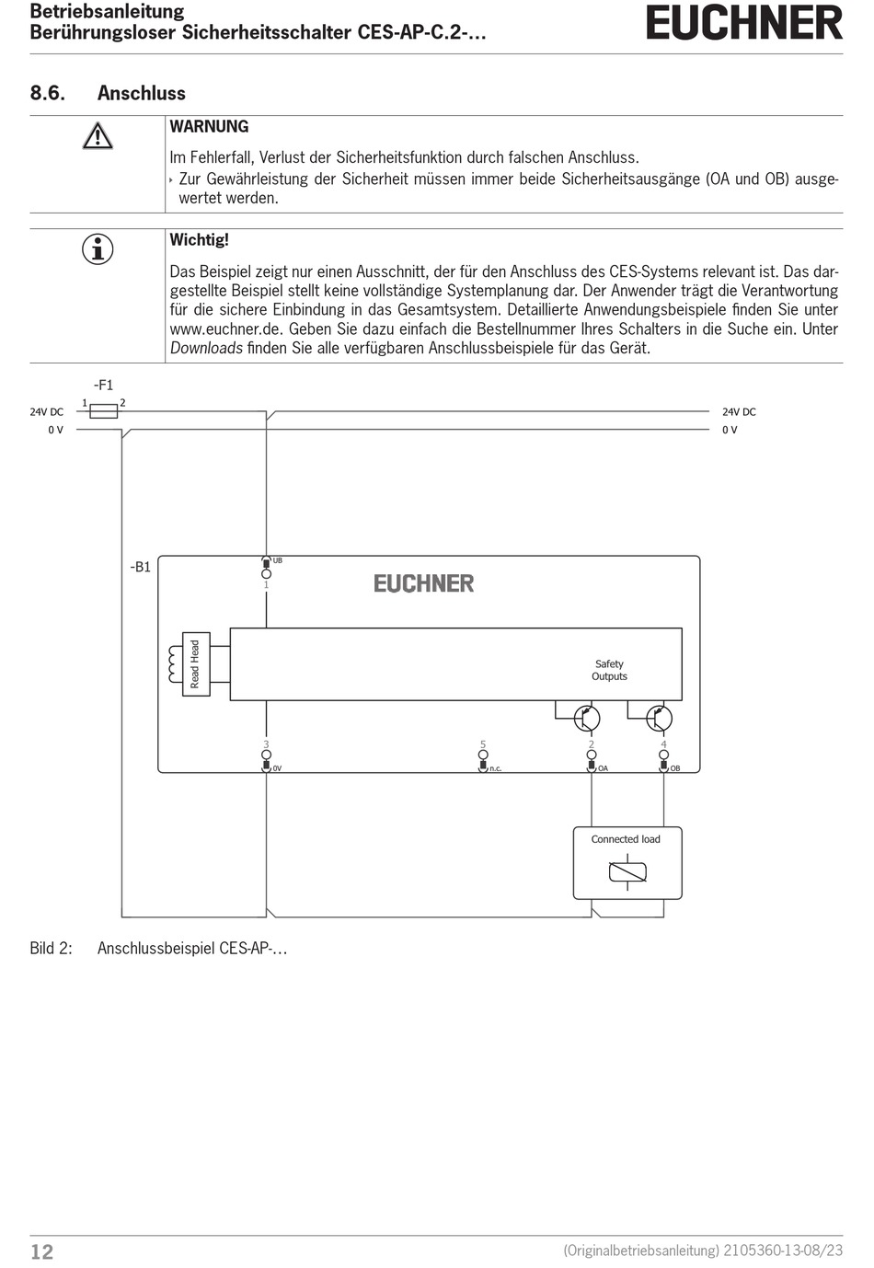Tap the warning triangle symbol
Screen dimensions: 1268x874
(x=98, y=137)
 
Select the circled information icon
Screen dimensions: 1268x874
(x=98, y=249)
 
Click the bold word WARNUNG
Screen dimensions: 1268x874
(x=209, y=127)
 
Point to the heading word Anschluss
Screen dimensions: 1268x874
(x=141, y=93)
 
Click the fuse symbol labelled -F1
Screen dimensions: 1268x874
(x=103, y=411)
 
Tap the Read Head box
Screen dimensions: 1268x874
(x=195, y=664)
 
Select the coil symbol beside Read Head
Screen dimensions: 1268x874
(x=174, y=664)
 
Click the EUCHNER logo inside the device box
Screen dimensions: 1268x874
(x=423, y=583)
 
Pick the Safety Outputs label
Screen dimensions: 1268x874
(x=609, y=670)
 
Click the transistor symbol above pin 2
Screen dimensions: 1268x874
(x=585, y=718)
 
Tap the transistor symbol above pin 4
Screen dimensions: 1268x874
(x=658, y=718)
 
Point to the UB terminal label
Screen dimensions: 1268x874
(x=278, y=560)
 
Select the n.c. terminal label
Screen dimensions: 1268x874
(x=495, y=768)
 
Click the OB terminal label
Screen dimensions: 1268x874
(x=675, y=768)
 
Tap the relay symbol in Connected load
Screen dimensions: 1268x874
(x=627, y=871)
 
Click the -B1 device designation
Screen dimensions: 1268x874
(x=140, y=567)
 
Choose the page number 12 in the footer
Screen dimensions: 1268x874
(x=42, y=1251)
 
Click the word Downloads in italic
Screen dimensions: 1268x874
(x=206, y=348)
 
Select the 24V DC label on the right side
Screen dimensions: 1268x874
(x=739, y=412)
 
